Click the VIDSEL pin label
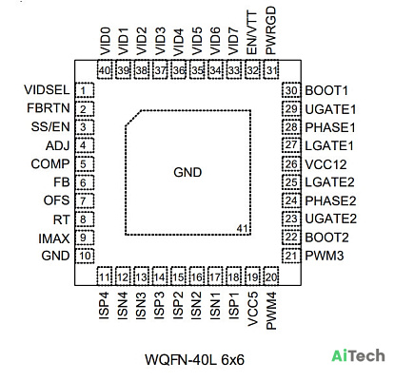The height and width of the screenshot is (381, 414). click(x=47, y=90)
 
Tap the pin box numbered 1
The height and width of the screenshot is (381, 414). click(x=85, y=90)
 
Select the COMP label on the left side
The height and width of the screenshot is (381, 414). click(x=50, y=164)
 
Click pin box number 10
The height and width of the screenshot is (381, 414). click(x=85, y=256)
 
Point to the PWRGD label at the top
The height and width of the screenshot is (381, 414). click(x=271, y=30)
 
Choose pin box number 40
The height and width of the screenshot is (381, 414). click(x=105, y=69)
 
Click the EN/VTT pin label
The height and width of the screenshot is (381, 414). click(x=252, y=32)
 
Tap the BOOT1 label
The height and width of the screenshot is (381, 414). click(x=326, y=91)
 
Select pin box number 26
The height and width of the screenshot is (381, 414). click(x=291, y=164)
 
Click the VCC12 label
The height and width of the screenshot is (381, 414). click(x=325, y=164)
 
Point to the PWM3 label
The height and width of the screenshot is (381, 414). click(x=325, y=256)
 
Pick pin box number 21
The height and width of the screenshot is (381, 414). click(x=291, y=256)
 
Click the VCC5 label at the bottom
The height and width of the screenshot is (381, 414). click(x=252, y=309)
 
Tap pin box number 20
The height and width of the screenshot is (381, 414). click(x=271, y=276)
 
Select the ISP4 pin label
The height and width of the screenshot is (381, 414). click(x=104, y=305)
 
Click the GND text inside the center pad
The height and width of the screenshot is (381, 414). click(x=187, y=172)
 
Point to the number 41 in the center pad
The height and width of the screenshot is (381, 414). click(x=243, y=228)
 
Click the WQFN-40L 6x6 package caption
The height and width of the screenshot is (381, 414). click(x=194, y=360)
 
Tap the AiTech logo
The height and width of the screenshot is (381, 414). click(x=358, y=355)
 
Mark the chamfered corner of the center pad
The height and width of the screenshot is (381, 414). click(x=133, y=118)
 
